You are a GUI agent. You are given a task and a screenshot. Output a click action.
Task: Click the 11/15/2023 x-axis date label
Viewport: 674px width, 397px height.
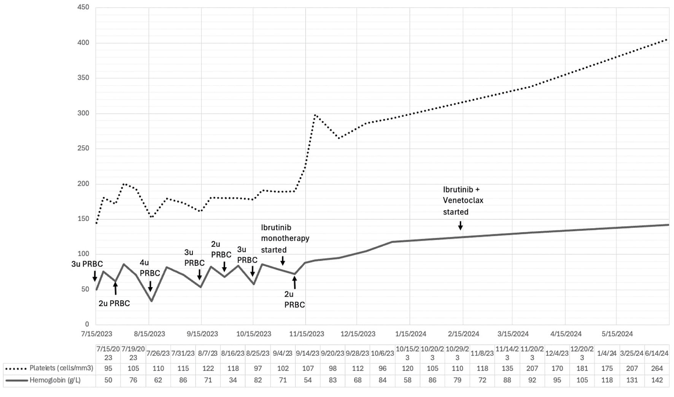coord(307,334)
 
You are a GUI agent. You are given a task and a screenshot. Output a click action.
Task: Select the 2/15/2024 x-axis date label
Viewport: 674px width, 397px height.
coord(463,334)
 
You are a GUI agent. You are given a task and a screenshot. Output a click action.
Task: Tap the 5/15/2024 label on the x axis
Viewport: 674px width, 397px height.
coord(617,334)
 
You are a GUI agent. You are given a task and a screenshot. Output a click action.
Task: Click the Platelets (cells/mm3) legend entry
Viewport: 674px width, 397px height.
coord(49,368)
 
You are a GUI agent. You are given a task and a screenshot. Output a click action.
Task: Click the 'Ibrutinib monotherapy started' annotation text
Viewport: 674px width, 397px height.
coord(285,238)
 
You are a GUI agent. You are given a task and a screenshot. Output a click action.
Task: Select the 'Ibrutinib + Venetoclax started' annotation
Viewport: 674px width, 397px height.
coord(463,200)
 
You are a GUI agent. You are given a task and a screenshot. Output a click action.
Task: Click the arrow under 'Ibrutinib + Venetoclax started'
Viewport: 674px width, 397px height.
coord(460,225)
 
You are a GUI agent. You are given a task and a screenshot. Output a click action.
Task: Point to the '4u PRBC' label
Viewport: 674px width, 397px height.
coord(150,268)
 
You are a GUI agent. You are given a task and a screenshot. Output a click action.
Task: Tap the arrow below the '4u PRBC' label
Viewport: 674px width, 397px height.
coord(150,286)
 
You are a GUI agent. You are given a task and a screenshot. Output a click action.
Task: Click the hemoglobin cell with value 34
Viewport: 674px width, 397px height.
coord(233,380)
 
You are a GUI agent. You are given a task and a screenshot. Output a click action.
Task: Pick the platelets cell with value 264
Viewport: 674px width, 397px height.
coord(657,368)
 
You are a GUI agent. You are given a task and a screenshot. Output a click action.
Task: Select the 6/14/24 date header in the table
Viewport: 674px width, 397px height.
coord(657,353)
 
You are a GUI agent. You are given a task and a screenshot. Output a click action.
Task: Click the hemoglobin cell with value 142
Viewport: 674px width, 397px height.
coord(657,380)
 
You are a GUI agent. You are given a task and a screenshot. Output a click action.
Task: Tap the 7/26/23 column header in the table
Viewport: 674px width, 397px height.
coord(158,353)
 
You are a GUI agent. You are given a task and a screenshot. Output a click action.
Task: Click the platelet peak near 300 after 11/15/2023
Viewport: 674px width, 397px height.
coord(315,114)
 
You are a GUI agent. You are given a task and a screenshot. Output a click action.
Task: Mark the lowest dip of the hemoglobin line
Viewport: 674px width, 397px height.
coord(151,301)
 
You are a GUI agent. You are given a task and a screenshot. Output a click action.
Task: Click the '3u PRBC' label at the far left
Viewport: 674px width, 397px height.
coord(87,264)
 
